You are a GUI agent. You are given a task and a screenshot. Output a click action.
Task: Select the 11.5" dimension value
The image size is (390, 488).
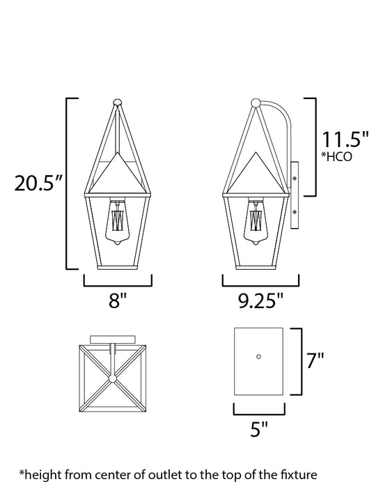tap(344, 139)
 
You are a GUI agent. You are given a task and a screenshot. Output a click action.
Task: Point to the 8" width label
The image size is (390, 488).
tap(118, 302)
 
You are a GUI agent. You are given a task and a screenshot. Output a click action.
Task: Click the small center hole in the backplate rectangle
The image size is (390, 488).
tap(258, 356)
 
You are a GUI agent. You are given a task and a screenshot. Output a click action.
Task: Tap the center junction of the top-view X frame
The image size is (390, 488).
tap(110, 379)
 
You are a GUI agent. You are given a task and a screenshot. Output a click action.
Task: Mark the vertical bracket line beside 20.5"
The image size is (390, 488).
tap(67, 184)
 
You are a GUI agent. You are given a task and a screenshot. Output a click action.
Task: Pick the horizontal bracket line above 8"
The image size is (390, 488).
tap(118, 286)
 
